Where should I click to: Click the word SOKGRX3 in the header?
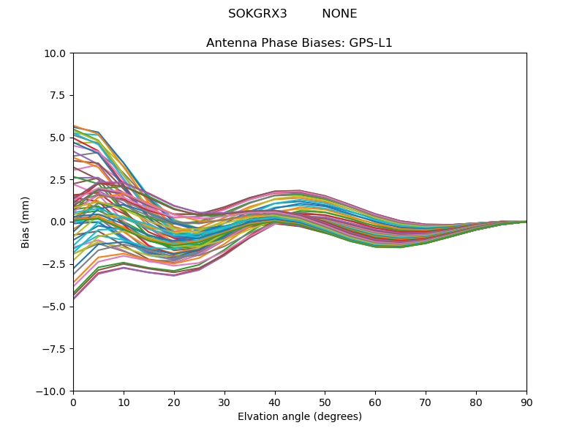click(x=257, y=14)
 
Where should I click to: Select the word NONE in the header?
click(x=339, y=14)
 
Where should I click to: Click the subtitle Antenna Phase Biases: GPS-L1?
click(x=299, y=42)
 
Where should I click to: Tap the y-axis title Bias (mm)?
click(x=26, y=222)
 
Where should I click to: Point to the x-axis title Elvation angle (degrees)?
click(x=299, y=416)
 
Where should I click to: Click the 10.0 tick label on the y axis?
click(x=56, y=53)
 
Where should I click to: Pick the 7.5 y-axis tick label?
click(x=59, y=95)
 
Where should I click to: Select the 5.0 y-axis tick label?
click(x=59, y=138)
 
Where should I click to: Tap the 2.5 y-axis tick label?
click(x=59, y=179)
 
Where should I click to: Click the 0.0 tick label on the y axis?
click(x=59, y=222)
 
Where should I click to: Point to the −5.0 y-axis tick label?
click(x=56, y=307)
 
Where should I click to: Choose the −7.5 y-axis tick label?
click(x=56, y=348)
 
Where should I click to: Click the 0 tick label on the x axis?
click(x=73, y=402)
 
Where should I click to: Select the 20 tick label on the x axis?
click(x=174, y=402)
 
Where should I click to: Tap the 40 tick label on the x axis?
click(x=275, y=402)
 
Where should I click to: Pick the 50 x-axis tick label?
click(x=325, y=402)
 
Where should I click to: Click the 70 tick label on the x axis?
click(x=426, y=402)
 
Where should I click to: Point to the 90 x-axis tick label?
click(x=526, y=402)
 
